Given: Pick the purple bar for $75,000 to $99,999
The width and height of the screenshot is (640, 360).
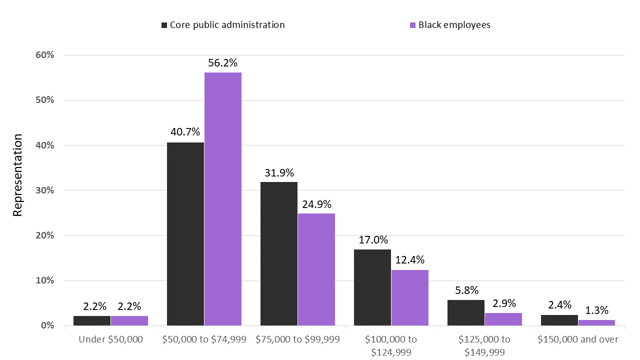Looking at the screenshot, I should pyautogui.click(x=316, y=269).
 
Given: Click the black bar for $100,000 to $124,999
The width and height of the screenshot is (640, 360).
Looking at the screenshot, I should pyautogui.click(x=372, y=287).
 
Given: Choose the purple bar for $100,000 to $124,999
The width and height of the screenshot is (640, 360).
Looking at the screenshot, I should pyautogui.click(x=410, y=297).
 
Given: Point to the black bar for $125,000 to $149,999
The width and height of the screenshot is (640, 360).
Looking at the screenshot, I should pyautogui.click(x=466, y=312).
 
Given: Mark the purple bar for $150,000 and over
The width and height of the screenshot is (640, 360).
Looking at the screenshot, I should pyautogui.click(x=596, y=322).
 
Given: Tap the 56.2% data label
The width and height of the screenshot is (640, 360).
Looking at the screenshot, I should pyautogui.click(x=223, y=63).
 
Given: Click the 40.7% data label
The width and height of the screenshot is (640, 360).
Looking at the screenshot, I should pyautogui.click(x=185, y=132).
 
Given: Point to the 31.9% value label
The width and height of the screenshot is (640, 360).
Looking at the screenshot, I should pyautogui.click(x=279, y=172).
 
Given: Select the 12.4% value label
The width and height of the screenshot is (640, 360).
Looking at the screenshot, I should pyautogui.click(x=410, y=260).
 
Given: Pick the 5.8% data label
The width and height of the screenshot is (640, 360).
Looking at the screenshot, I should pyautogui.click(x=466, y=290).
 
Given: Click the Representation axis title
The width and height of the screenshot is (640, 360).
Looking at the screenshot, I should pyautogui.click(x=18, y=175).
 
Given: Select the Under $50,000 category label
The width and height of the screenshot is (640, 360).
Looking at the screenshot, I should pyautogui.click(x=111, y=339).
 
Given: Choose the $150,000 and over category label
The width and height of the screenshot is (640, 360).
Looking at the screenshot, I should pyautogui.click(x=578, y=339).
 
